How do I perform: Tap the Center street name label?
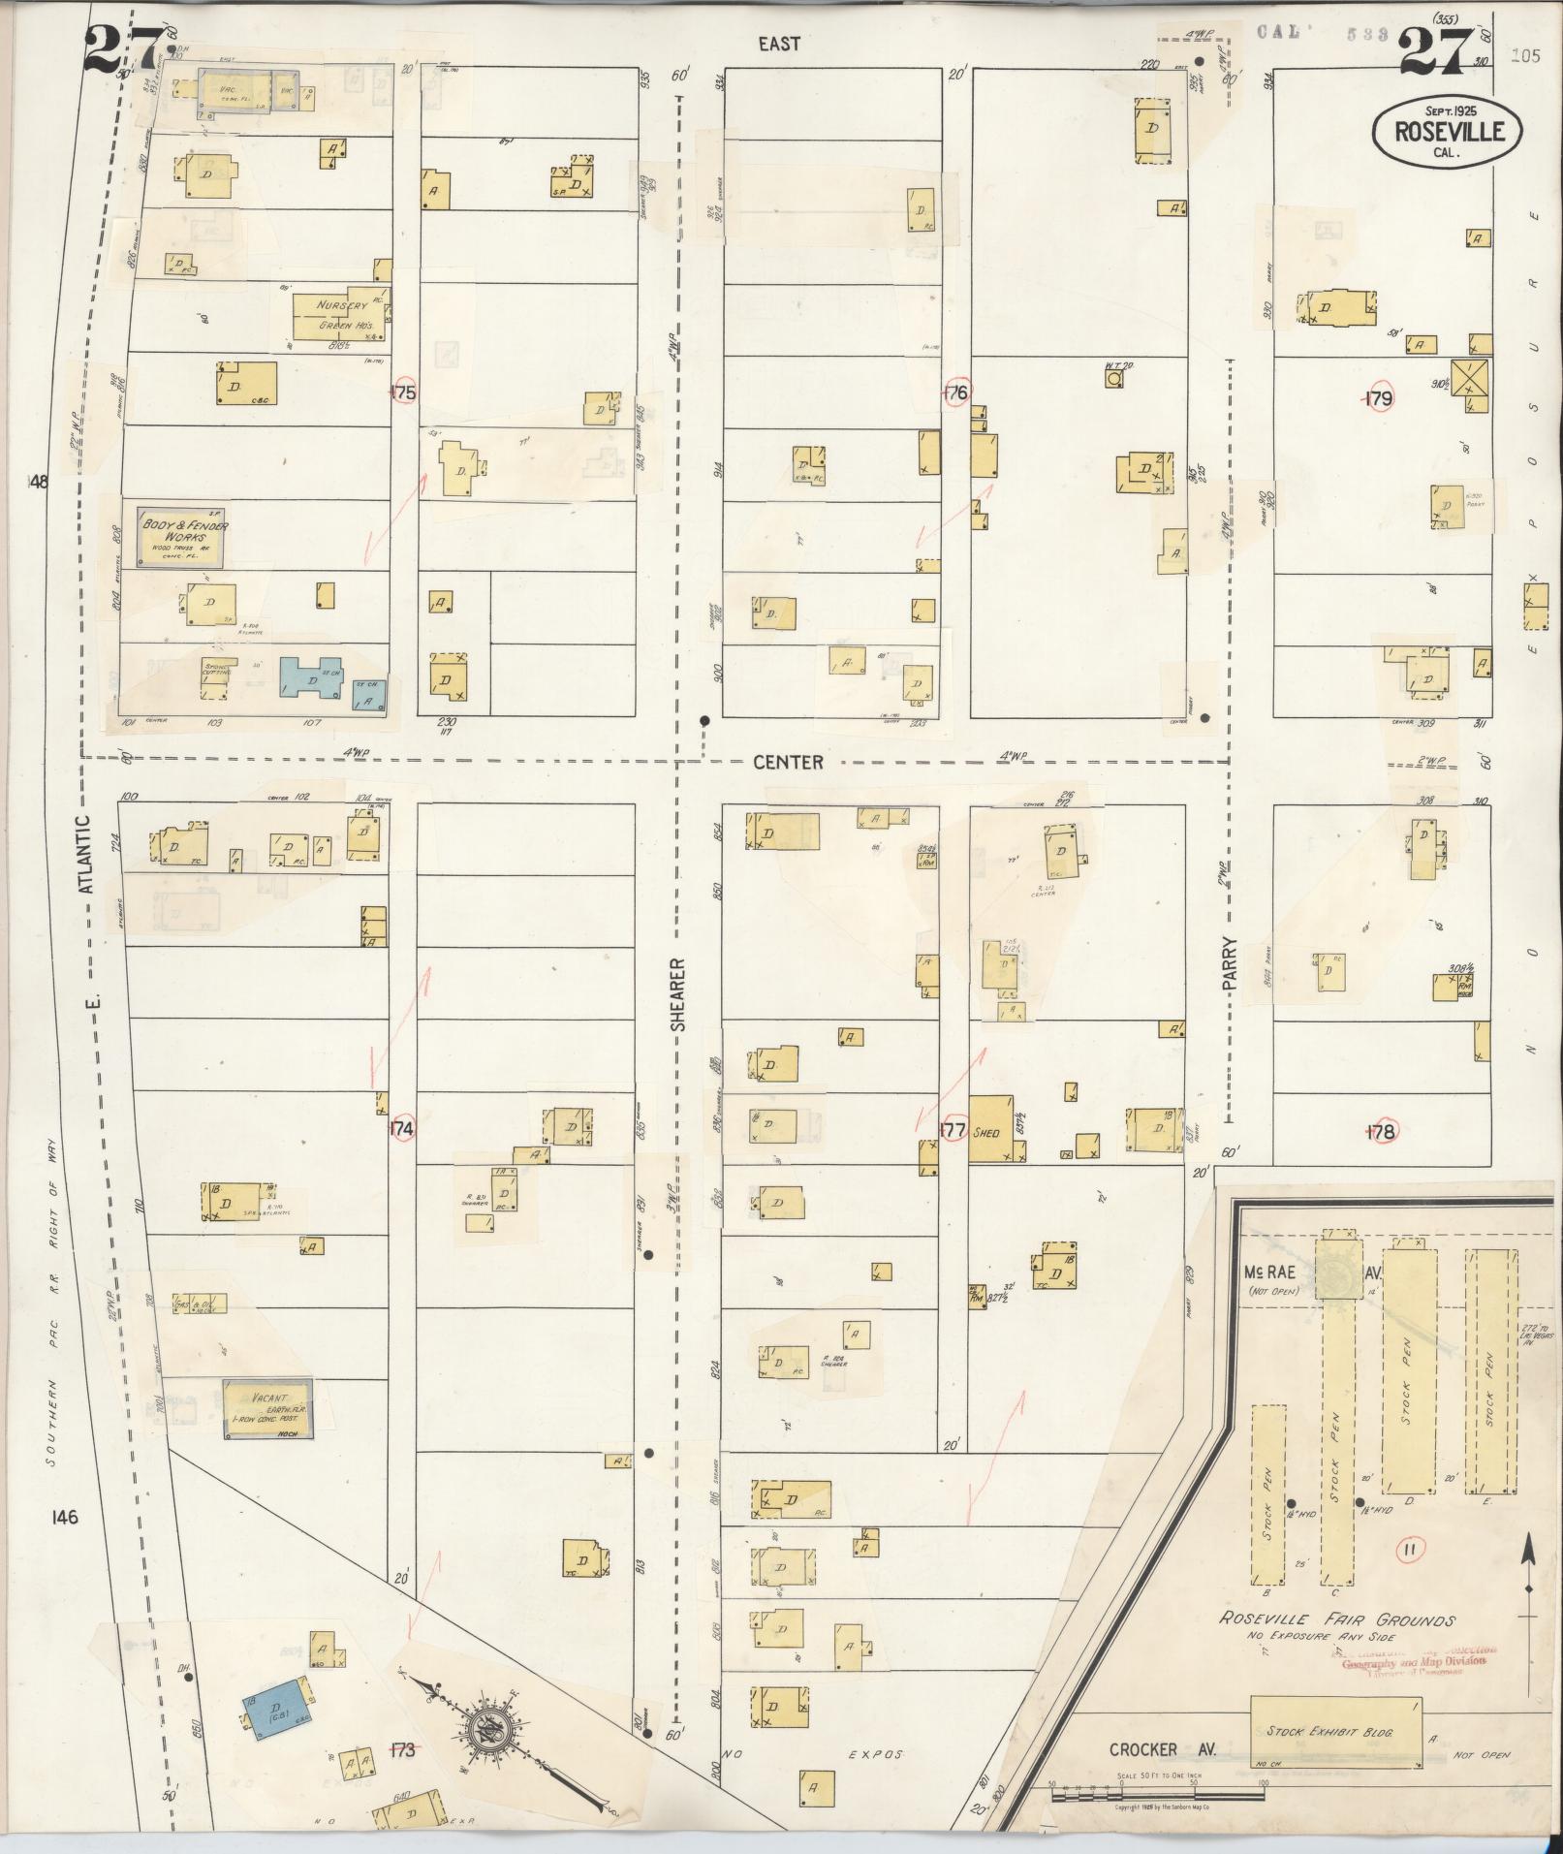click(788, 763)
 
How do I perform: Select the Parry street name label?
click(1230, 961)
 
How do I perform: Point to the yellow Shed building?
click(992, 1129)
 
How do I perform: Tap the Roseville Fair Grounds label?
click(1337, 1619)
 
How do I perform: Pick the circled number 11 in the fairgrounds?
click(1409, 1550)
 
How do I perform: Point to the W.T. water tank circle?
click(1114, 378)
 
